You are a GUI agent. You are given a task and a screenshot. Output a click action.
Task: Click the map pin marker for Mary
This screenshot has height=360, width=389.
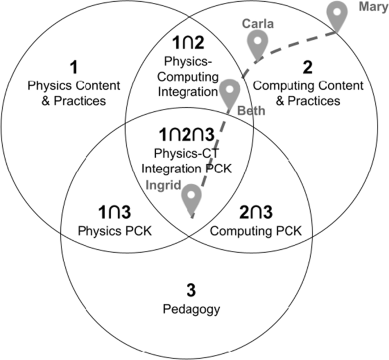pyautogui.click(x=339, y=15)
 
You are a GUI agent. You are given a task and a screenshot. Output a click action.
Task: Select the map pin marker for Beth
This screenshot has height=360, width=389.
pyautogui.click(x=229, y=91)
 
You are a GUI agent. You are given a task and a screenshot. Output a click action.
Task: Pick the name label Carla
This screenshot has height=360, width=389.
pyautogui.click(x=258, y=24)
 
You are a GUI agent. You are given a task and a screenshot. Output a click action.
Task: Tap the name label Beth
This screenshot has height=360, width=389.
pyautogui.click(x=251, y=111)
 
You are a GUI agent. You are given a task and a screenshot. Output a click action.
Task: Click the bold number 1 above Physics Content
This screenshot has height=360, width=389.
pyautogui.click(x=72, y=69)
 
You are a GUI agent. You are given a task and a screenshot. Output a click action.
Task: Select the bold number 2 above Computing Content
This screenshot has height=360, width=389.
pyautogui.click(x=307, y=68)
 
